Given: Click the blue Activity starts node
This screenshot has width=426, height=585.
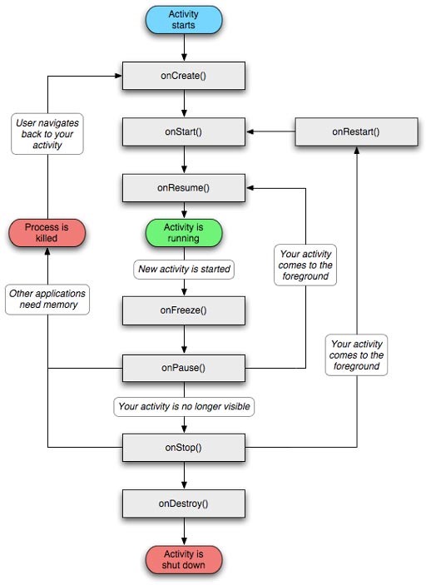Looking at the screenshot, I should (x=183, y=20).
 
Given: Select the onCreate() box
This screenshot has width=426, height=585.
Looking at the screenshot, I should (x=183, y=76).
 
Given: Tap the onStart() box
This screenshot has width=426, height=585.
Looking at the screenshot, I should (x=183, y=131).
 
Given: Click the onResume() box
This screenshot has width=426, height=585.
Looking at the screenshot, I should (x=183, y=187).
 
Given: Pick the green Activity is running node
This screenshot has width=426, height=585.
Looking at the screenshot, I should (x=183, y=232).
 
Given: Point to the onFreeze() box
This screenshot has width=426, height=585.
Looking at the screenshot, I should (x=183, y=310).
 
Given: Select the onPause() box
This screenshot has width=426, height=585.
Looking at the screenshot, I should (x=183, y=367).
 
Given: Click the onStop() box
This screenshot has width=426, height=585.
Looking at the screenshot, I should (x=183, y=447).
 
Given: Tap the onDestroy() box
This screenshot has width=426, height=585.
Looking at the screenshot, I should (x=183, y=503).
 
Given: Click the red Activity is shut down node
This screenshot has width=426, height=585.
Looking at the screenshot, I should (x=183, y=560).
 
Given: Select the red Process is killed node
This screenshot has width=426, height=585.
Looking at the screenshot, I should (x=47, y=232).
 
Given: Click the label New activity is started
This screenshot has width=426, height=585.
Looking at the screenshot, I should (x=183, y=270).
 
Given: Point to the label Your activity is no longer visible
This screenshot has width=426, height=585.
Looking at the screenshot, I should (x=183, y=407).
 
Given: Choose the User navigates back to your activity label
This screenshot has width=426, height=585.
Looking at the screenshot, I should (x=47, y=134).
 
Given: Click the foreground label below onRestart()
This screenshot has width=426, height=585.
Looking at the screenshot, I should (x=357, y=354).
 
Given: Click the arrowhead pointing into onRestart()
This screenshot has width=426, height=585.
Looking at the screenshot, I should (x=357, y=150).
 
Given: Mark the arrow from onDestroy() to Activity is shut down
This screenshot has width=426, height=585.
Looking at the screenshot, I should (x=183, y=530).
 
